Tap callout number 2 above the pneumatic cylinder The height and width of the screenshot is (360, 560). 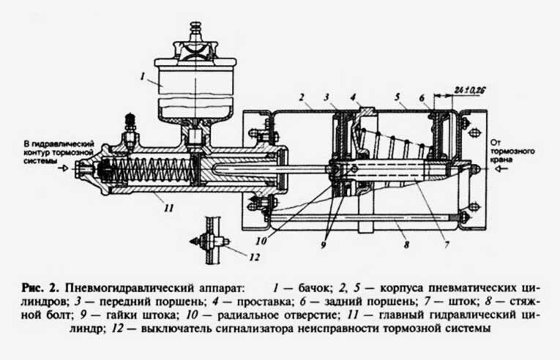tap(300, 97)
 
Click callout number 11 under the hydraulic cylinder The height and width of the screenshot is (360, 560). tap(170, 208)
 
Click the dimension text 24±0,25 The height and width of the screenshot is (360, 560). tap(469, 89)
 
